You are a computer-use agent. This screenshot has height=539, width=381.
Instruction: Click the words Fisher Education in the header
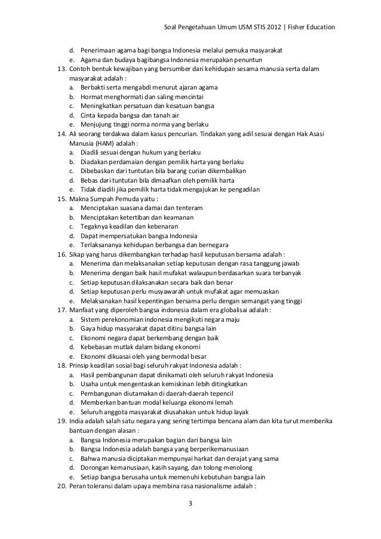[309, 27]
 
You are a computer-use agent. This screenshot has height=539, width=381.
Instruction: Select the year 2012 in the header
[262, 27]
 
